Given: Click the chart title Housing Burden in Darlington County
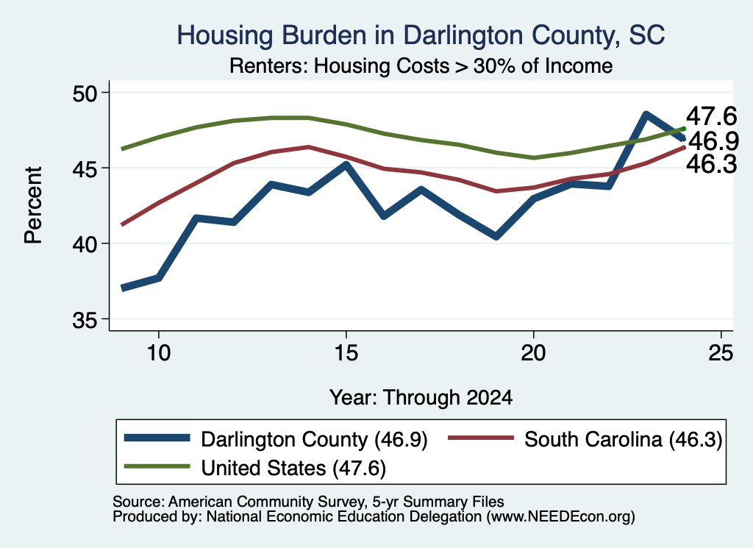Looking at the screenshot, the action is pos(421,35).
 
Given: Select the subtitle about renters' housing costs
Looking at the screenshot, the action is pos(421,65).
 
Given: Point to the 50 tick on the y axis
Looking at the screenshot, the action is pos(85,93).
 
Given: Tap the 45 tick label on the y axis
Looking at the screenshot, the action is pos(85,168).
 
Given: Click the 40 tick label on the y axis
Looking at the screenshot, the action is pos(85,244).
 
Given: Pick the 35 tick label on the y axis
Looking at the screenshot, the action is pos(85,320).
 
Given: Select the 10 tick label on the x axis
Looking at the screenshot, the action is pos(159,353).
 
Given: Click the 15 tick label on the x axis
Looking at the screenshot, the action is pos(346,353).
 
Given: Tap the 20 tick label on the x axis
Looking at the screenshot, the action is pos(534,353).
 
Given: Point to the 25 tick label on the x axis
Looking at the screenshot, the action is pos(721,353).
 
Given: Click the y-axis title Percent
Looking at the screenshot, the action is pos(33,205).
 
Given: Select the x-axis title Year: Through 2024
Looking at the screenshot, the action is pos(421,398).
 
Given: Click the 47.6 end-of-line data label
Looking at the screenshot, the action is pos(711,116).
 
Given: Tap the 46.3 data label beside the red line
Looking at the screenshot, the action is pos(711,164).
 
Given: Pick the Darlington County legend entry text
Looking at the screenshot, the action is pos(314,439).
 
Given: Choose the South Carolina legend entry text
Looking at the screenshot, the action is pos(624,439).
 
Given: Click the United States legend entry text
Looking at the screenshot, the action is pos(293,468).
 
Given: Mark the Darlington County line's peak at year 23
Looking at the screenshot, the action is pos(646,114).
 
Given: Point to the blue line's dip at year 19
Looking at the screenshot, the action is pos(496,236).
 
